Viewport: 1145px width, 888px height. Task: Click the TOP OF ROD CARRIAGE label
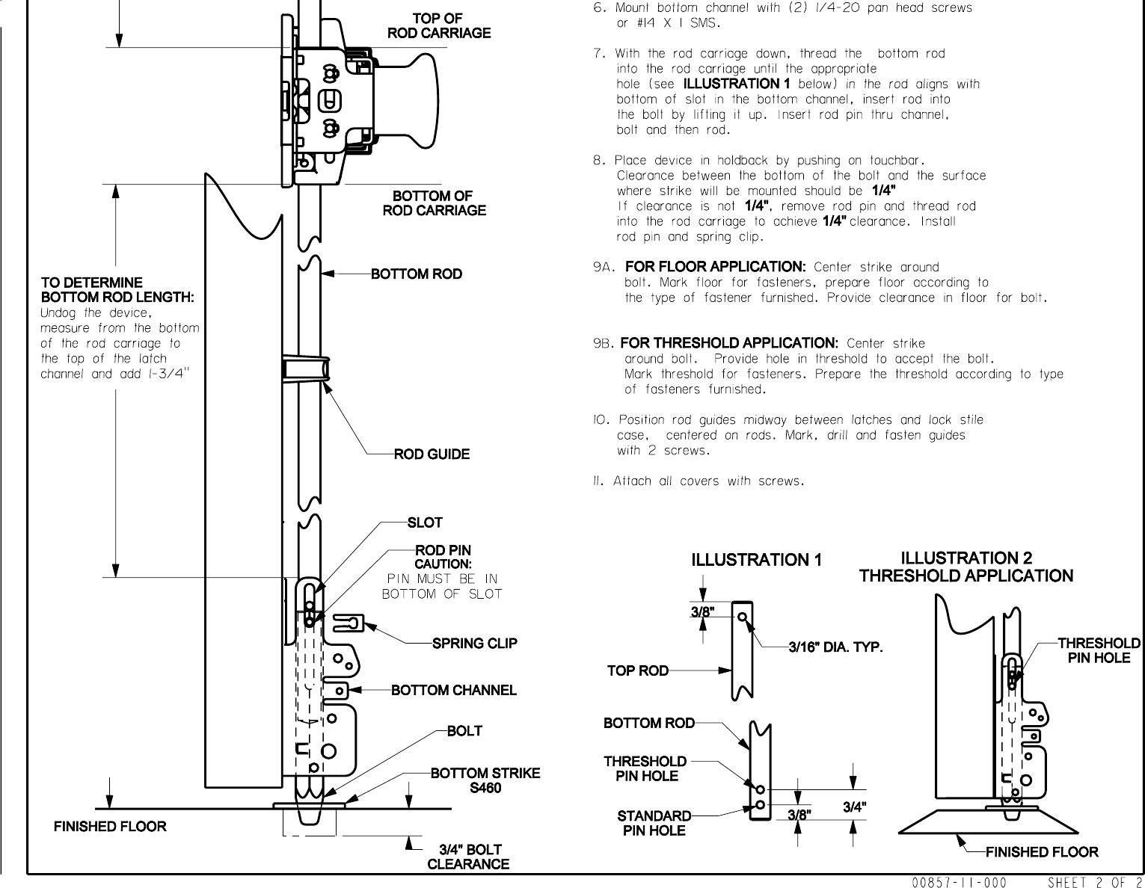click(x=438, y=25)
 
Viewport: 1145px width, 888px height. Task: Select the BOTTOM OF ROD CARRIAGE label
click(x=434, y=203)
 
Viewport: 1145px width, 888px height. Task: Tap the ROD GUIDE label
click(x=432, y=454)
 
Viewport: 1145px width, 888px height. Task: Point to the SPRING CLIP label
click(x=474, y=643)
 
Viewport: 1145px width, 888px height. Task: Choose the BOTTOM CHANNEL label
click(x=453, y=690)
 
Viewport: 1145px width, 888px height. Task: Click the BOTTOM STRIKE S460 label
click(x=485, y=780)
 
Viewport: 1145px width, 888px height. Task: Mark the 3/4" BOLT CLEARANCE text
click(x=468, y=857)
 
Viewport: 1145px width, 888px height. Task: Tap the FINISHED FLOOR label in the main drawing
click(x=110, y=826)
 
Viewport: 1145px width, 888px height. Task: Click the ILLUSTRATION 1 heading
click(x=756, y=560)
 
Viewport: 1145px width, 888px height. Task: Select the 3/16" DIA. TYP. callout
click(x=836, y=647)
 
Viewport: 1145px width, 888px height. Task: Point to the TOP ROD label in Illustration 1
click(x=637, y=670)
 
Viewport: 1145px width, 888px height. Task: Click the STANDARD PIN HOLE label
click(x=654, y=822)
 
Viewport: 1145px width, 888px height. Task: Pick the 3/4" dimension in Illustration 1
click(x=855, y=807)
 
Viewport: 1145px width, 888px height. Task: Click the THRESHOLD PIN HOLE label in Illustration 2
click(x=1099, y=650)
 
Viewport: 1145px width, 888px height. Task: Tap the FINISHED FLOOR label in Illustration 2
click(x=1042, y=851)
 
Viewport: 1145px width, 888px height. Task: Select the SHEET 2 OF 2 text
click(x=1095, y=882)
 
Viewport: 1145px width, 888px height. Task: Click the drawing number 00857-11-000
click(x=960, y=882)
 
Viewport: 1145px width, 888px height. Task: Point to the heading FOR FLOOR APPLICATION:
click(x=714, y=267)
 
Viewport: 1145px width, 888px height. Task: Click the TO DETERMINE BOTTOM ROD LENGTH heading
click(x=117, y=290)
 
